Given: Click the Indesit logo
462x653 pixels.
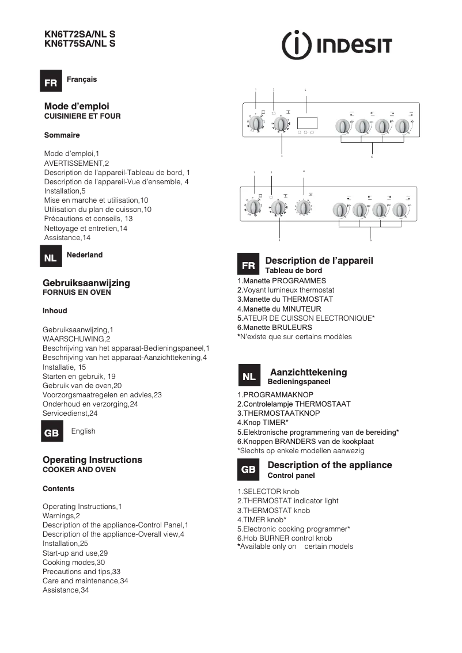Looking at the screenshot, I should [337, 45].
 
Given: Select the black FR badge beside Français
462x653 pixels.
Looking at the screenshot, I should [51, 83].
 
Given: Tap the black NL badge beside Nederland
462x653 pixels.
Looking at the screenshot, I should [51, 258].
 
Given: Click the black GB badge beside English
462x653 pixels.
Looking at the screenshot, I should [51, 433].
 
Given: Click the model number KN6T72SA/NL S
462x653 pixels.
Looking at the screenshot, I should [79, 35].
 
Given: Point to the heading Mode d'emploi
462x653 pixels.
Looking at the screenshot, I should [77, 106].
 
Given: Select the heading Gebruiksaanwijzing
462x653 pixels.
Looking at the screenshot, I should [86, 283].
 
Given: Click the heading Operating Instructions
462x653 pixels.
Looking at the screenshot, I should [92, 460].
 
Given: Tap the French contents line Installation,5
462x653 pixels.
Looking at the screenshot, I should [65, 191].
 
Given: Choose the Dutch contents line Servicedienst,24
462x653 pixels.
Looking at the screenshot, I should [70, 413].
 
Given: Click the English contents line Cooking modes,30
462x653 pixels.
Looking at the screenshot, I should [74, 562].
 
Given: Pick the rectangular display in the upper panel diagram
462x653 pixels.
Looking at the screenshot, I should [306, 123].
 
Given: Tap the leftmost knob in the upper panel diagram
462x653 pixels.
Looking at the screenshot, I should [257, 124].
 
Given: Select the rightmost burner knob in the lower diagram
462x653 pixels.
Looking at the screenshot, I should [399, 210].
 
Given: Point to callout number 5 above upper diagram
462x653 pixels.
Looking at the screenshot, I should [305, 90].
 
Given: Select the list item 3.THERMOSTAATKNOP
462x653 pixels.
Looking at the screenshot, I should [279, 413].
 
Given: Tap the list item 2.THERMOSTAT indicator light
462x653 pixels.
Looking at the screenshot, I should [288, 501].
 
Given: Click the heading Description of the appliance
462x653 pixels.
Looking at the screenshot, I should [330, 465].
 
